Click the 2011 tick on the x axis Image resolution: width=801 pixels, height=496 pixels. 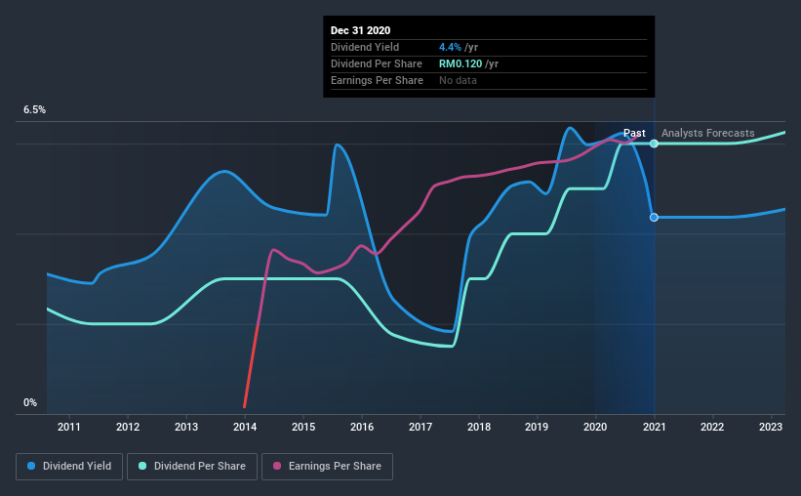[x=69, y=427]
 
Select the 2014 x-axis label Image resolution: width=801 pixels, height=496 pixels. [x=245, y=427]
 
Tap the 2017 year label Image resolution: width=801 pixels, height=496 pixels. [x=421, y=427]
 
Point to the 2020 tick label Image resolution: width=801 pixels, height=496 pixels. [x=596, y=427]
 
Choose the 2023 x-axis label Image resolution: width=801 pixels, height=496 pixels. [x=771, y=427]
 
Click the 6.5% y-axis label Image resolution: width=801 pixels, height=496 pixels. [x=35, y=110]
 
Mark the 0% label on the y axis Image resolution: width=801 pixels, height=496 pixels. [x=30, y=402]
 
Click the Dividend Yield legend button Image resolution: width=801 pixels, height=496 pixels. [x=71, y=467]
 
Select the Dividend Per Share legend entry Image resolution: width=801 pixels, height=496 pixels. [x=197, y=467]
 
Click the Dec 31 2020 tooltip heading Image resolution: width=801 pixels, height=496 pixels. [x=360, y=31]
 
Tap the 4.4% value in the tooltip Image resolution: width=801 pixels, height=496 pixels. [x=450, y=47]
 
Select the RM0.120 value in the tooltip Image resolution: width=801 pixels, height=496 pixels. [x=468, y=63]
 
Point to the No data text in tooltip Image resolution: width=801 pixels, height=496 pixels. [x=458, y=80]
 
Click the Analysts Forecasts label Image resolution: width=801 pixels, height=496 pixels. [x=707, y=133]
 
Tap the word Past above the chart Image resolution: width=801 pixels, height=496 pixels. [x=634, y=133]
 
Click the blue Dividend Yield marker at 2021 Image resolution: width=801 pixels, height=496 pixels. [x=654, y=217]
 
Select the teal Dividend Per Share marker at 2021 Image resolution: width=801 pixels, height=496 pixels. [x=654, y=144]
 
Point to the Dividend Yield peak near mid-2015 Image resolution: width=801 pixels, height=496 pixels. [x=337, y=145]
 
